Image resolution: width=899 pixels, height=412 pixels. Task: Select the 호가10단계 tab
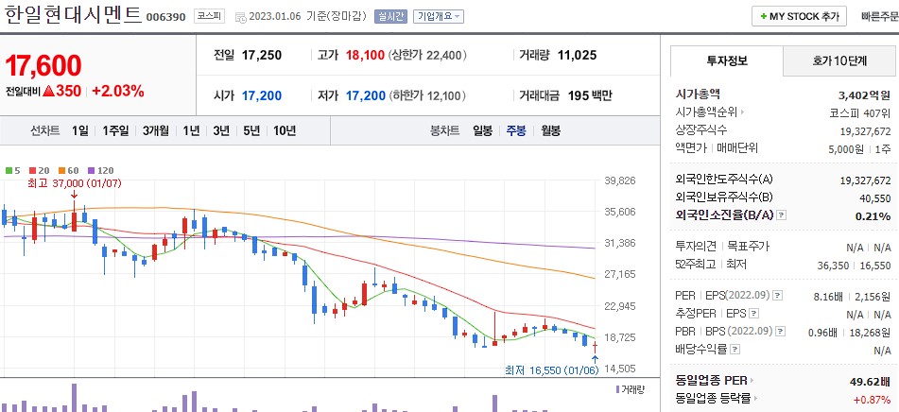tap(839, 60)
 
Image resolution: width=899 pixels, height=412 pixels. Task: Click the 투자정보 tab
tap(726, 60)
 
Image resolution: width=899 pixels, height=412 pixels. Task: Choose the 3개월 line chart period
tap(156, 130)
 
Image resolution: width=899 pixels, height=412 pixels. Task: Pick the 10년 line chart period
tap(284, 130)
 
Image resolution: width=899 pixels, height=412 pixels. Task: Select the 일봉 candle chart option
tap(482, 130)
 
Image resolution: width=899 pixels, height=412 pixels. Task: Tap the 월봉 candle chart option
tap(550, 130)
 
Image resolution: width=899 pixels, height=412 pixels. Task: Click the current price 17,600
tap(43, 66)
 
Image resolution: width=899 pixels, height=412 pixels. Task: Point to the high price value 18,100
tap(365, 55)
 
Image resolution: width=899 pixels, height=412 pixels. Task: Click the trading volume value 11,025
tap(577, 55)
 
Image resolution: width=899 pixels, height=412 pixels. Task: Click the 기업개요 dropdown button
tap(440, 16)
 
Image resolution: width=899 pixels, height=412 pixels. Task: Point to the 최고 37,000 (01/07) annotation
tap(75, 182)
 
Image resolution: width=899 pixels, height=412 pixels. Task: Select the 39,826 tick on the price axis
tap(619, 180)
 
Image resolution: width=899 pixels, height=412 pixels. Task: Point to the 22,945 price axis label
tap(619, 306)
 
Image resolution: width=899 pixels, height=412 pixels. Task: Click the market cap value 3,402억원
tap(864, 94)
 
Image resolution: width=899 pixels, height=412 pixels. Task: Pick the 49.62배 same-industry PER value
tap(869, 381)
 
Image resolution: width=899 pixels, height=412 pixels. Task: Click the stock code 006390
tap(166, 16)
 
